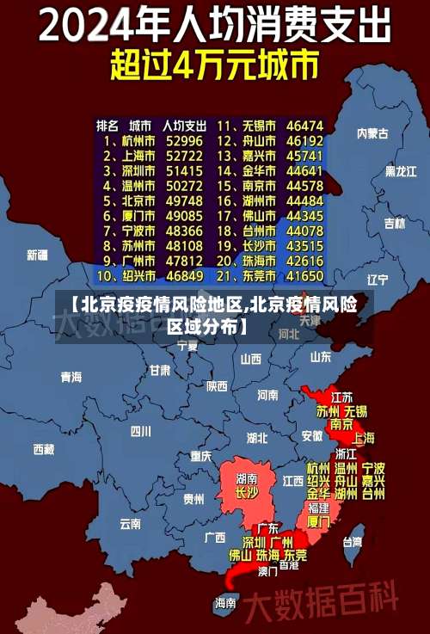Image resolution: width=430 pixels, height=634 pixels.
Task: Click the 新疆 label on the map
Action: (37, 255)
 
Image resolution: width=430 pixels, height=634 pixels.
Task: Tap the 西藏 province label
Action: (43, 448)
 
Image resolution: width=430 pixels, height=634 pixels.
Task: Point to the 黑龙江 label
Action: (399, 171)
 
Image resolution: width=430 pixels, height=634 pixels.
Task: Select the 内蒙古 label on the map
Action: (372, 133)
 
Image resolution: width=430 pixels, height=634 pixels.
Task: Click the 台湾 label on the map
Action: (353, 542)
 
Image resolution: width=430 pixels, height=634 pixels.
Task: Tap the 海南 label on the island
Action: (225, 603)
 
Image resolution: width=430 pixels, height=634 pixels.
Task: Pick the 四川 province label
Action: (140, 430)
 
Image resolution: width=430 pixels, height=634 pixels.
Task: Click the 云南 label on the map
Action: (131, 523)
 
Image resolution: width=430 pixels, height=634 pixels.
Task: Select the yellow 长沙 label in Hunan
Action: (247, 493)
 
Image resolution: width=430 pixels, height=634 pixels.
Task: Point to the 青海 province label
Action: (71, 377)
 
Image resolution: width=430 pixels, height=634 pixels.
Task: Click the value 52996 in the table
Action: (184, 140)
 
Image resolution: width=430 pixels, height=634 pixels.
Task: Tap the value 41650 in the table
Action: (304, 276)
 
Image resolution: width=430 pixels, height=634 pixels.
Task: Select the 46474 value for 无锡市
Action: (304, 126)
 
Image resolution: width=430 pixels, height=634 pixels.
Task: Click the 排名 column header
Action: (107, 125)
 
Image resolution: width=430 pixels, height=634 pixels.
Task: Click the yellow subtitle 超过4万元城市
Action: (214, 65)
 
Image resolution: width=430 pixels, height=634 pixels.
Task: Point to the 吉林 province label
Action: (394, 224)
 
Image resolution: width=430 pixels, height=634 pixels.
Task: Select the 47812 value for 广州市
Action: (184, 261)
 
